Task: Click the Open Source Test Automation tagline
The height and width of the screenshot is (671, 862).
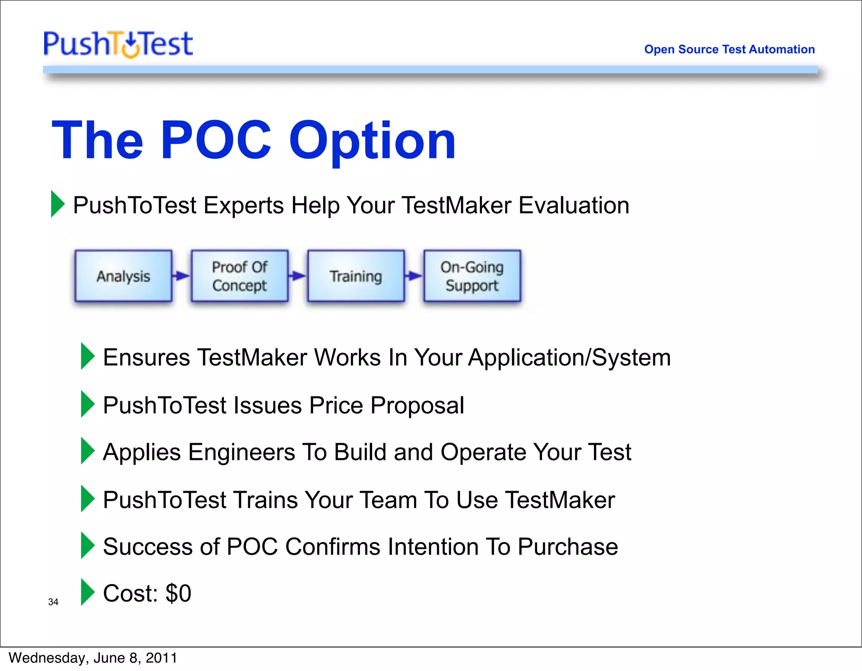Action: (x=729, y=49)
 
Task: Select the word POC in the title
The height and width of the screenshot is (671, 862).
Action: (x=216, y=140)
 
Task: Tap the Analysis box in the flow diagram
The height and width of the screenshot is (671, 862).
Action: (x=123, y=276)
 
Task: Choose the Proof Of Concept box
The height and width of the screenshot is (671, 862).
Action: (x=239, y=276)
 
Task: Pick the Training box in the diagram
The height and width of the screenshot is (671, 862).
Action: (x=356, y=276)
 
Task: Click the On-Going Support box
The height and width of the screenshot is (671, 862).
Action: (x=472, y=276)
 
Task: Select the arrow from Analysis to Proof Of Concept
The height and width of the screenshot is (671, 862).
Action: (x=181, y=276)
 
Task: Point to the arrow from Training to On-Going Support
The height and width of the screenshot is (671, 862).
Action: (x=414, y=276)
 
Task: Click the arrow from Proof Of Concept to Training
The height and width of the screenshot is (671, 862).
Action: (x=298, y=276)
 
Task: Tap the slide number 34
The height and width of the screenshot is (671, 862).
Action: (x=53, y=602)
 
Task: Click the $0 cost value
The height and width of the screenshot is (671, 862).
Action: (x=178, y=593)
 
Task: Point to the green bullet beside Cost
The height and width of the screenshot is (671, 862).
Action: (x=87, y=592)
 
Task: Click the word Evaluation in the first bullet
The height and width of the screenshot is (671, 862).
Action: (x=574, y=205)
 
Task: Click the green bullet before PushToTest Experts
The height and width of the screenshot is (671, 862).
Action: (x=57, y=204)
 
